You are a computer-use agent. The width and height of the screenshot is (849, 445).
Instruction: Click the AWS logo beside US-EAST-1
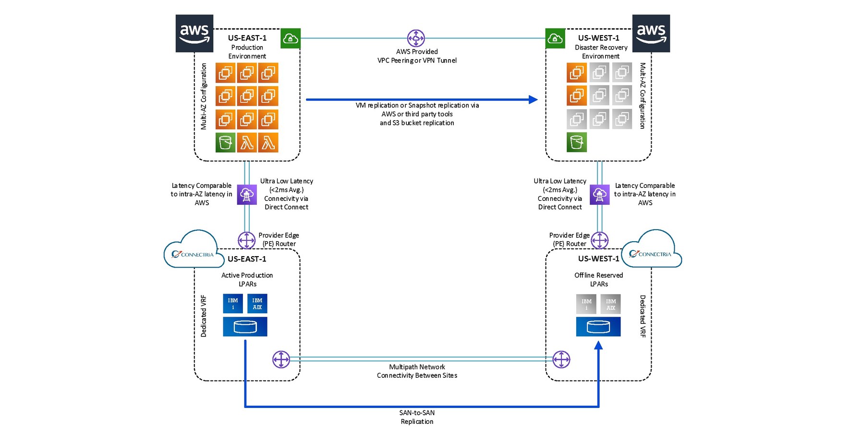coord(194,33)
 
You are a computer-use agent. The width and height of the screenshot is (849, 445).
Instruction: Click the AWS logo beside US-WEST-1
coord(651,33)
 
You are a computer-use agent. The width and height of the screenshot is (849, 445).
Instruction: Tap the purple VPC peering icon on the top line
coord(416,38)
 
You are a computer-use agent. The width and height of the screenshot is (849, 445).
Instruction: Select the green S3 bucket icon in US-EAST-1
coord(225,143)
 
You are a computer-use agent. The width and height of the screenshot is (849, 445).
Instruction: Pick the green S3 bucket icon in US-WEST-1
coord(576,143)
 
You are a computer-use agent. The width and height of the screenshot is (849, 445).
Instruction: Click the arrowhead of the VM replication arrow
coord(533,99)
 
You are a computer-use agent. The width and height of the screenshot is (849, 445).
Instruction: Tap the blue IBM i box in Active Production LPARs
coord(233,304)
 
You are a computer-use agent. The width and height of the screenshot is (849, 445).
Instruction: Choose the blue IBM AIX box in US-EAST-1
coord(257,304)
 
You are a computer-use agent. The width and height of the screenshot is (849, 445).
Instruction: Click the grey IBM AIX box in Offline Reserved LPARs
coord(610,304)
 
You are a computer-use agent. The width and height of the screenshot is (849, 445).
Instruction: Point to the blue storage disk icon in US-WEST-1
coord(598,327)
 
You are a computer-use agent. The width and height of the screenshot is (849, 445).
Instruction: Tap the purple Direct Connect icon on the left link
coord(247,195)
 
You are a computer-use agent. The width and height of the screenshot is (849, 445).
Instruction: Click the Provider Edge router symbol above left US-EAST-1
coord(247,240)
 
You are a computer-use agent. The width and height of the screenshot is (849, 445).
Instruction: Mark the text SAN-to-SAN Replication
coord(417,417)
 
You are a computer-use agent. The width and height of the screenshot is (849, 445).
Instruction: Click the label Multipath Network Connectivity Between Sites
coord(417,371)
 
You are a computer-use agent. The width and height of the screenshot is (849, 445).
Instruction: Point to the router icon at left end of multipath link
coord(281,359)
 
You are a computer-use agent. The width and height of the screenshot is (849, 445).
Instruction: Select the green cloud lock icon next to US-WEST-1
coord(555,38)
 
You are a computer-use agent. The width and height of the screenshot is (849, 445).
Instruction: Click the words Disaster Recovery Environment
coord(601,52)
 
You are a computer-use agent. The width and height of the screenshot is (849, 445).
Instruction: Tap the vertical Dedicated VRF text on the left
coord(204,316)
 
